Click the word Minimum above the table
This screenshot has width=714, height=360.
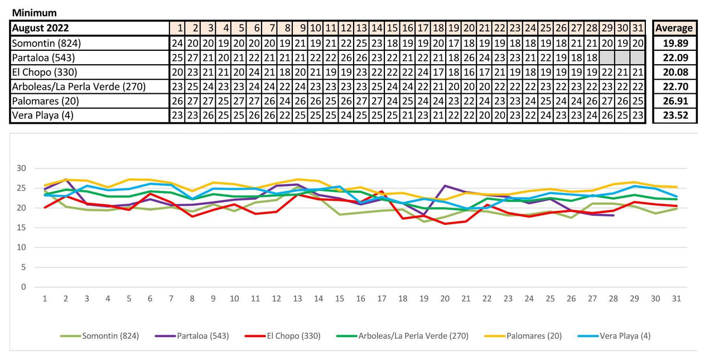[35, 13]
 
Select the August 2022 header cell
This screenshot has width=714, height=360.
[40, 28]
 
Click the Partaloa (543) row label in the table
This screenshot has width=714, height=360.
[43, 57]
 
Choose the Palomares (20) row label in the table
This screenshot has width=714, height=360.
[44, 101]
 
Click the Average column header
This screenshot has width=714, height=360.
[674, 28]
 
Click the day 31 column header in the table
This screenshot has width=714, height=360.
[638, 28]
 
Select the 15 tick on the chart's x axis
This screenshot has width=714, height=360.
[340, 299]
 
